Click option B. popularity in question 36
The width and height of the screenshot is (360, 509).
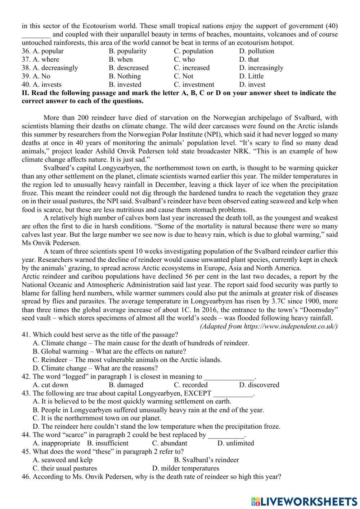coord(127,51)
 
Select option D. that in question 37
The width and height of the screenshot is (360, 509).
coord(249,59)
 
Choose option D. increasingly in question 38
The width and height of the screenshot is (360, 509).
coord(261,68)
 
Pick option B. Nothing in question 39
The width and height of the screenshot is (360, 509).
coord(125,76)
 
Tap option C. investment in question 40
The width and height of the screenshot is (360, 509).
coord(194,85)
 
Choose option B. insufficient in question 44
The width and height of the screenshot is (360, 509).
coord(108,443)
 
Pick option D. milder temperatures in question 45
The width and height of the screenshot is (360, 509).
coord(185,468)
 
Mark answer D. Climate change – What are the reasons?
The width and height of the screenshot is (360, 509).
coord(95,368)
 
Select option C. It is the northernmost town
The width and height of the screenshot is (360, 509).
coord(97,418)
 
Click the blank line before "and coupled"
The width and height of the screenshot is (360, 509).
coord(36,35)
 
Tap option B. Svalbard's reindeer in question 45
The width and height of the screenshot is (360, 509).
coord(206,460)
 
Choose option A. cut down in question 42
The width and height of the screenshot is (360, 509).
coord(50,385)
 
